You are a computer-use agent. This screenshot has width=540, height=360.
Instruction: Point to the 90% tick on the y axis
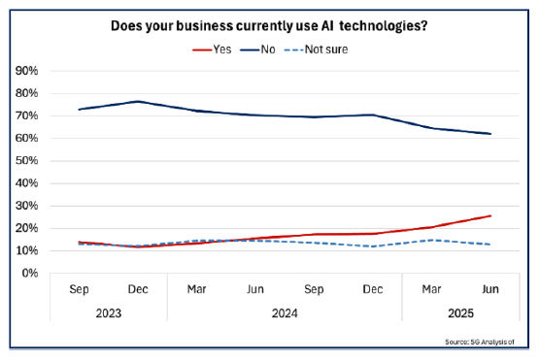point(25,71)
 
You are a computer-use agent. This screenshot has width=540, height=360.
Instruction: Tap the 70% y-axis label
point(25,115)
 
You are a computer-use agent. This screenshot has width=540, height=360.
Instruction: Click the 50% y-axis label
point(25,160)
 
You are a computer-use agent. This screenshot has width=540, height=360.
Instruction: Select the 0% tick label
point(28,273)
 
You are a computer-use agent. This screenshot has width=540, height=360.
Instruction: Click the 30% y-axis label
point(25,206)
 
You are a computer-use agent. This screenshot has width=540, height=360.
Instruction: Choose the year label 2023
point(108,313)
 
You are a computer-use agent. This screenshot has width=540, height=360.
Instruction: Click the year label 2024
point(285,313)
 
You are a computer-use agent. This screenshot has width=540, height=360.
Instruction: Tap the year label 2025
point(461,313)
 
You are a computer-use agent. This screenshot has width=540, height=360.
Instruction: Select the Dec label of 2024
point(373,290)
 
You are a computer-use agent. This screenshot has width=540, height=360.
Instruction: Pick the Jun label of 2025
point(490,290)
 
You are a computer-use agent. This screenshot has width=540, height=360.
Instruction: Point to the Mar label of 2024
point(196,290)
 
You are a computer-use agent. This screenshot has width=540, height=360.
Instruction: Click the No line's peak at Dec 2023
point(138,101)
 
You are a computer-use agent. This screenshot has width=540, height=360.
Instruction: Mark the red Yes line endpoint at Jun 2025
point(490,215)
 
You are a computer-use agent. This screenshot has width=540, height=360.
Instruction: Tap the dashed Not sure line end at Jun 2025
point(490,245)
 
